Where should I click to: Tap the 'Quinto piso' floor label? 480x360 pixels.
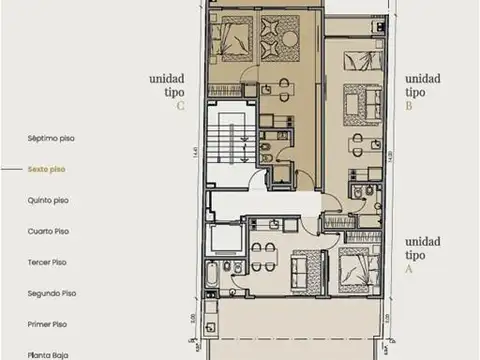[x=48, y=200]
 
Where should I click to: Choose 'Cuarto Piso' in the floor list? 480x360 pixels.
[x=48, y=231]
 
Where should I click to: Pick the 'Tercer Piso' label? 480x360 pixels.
[x=48, y=262]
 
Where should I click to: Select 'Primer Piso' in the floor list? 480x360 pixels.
[x=48, y=324]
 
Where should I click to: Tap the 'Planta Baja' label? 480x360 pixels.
[x=48, y=354]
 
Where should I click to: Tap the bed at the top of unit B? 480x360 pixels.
[x=354, y=60]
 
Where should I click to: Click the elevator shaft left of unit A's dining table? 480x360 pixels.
[x=225, y=240]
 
